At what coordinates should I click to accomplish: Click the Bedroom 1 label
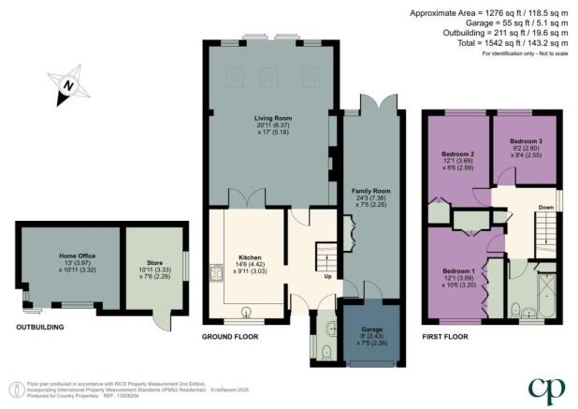coord(458,272)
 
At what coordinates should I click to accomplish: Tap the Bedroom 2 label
coord(458,154)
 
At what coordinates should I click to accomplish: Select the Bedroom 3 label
coord(525,142)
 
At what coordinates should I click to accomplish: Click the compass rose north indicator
coord(67,87)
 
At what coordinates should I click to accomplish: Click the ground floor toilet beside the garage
coord(324,349)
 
